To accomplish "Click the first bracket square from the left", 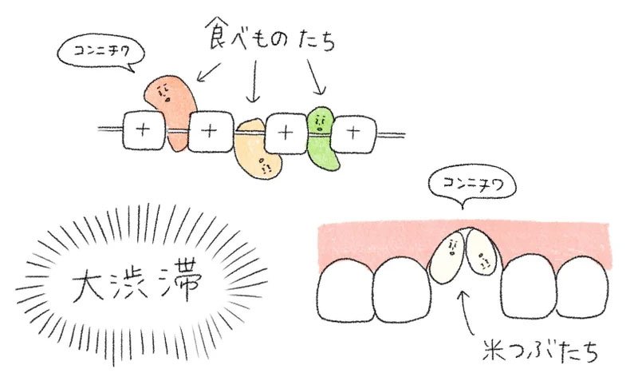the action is (144, 130).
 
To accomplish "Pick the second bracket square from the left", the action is (211, 131).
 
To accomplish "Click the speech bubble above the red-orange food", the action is (100, 54).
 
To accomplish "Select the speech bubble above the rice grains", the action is (472, 187).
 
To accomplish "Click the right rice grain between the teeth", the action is (482, 252).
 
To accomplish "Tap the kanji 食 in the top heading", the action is (219, 34).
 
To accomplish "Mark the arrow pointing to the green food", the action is (316, 77).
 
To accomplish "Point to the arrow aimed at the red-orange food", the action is (209, 72).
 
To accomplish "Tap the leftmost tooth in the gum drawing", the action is (345, 290).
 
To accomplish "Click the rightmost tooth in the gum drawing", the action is (583, 288).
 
